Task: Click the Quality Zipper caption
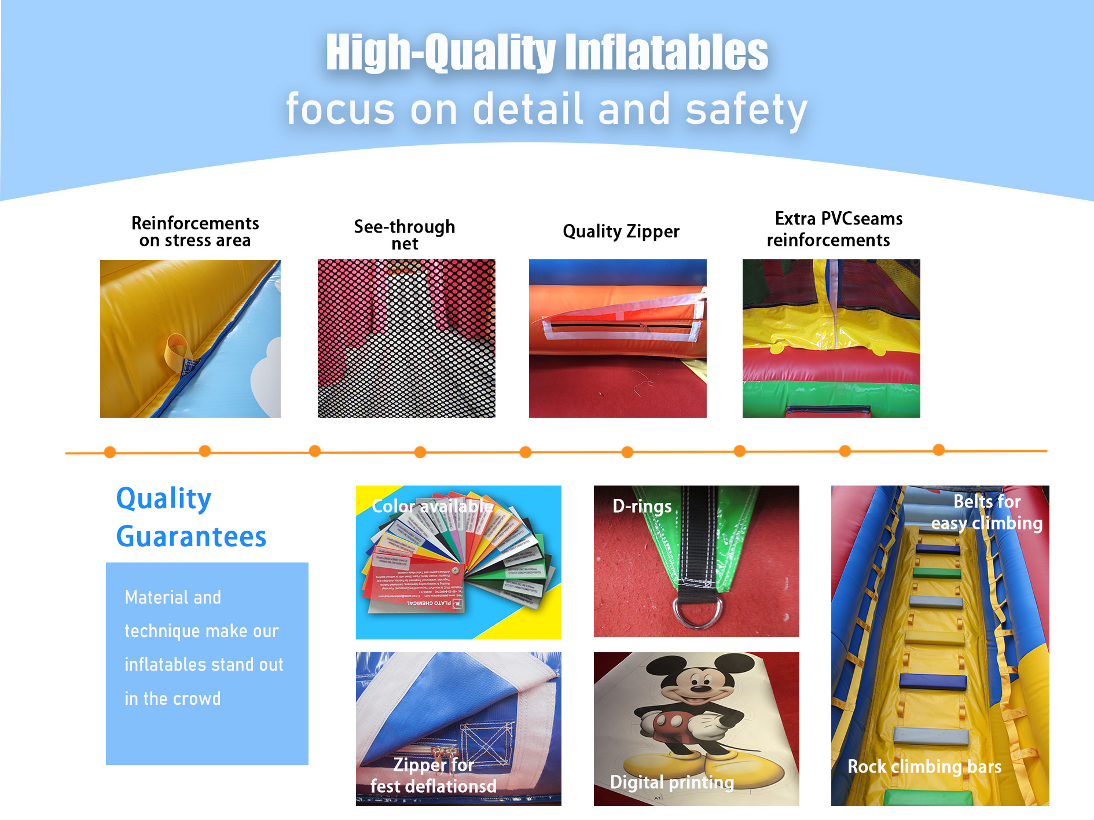(x=621, y=231)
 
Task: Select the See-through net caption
(x=405, y=234)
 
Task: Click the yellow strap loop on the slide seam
(x=177, y=350)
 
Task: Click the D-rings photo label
(x=642, y=506)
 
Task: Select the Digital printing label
(x=672, y=782)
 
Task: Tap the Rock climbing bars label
(x=924, y=767)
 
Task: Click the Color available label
(x=432, y=506)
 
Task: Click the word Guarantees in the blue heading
(x=191, y=536)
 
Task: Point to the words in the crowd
(x=172, y=698)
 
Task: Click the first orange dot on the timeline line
(x=110, y=453)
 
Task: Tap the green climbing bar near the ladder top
(x=937, y=573)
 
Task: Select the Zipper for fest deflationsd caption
(x=433, y=775)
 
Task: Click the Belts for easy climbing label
(x=986, y=512)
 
